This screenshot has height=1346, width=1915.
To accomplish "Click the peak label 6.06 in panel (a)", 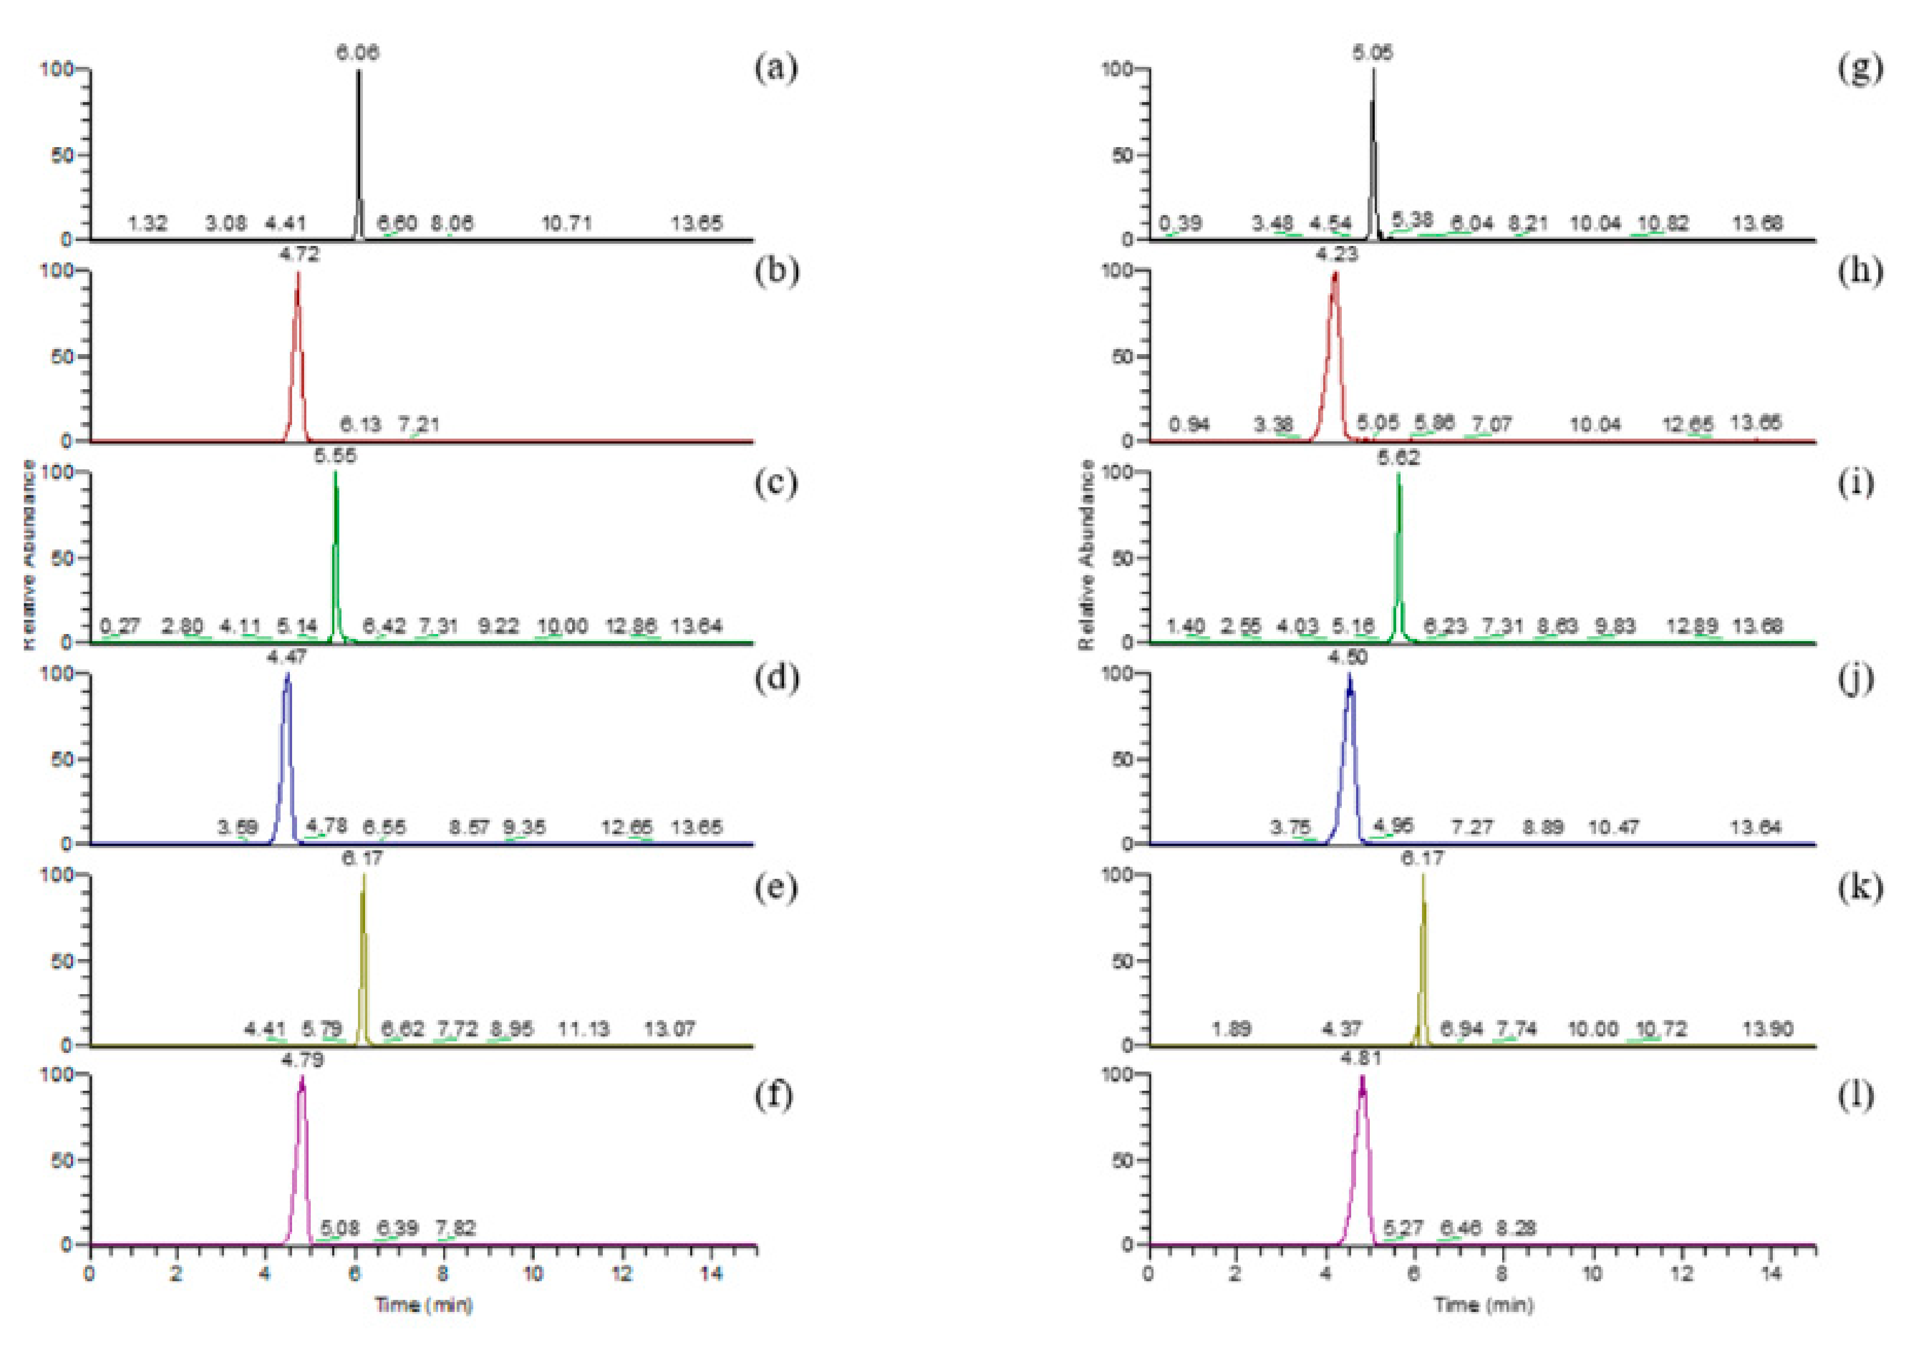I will click(358, 53).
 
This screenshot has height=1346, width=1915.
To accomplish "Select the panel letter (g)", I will click(1859, 69).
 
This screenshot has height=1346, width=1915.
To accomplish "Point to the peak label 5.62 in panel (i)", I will click(1399, 458).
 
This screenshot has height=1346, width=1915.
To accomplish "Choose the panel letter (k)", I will click(1859, 888).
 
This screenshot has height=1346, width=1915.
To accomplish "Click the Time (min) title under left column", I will click(424, 1304).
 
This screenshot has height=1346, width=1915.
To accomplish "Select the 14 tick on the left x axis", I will click(710, 1274).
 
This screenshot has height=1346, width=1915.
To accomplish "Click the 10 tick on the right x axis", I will click(1592, 1274).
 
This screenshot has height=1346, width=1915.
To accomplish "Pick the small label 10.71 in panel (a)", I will click(567, 223).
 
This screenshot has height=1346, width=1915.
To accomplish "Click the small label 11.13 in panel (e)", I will click(583, 1029).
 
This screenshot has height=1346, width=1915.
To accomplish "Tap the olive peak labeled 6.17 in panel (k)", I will click(1423, 959).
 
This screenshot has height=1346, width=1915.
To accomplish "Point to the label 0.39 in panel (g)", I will click(1180, 223).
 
